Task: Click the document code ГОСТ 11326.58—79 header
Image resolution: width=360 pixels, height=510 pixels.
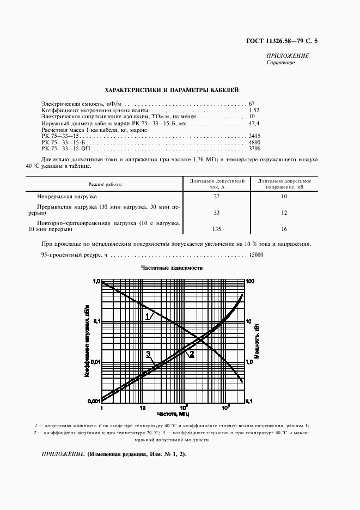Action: (277, 41)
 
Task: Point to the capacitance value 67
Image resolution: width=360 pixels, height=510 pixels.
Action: (252, 104)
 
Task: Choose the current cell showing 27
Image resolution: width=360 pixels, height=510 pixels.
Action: (217, 196)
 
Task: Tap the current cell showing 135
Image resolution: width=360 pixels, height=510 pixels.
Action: (217, 229)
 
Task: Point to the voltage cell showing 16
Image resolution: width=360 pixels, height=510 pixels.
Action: (284, 229)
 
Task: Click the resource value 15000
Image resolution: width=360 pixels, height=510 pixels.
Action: (256, 255)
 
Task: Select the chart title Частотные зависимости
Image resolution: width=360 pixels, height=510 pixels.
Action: (172, 268)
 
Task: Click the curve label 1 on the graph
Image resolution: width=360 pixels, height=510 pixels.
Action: (147, 316)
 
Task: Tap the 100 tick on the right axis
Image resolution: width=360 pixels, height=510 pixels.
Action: (251, 282)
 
